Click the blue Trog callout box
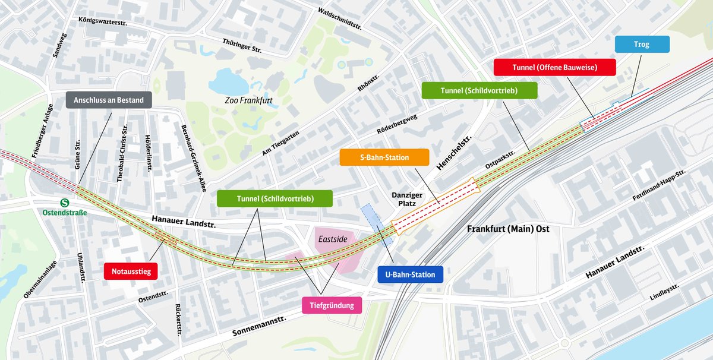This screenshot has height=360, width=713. tap(641, 45)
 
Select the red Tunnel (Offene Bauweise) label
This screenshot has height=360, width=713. tap(554, 68)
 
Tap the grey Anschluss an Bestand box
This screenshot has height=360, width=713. tap(109, 100)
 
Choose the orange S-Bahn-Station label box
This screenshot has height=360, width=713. tap(384, 157)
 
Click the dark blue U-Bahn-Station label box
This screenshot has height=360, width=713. tap(410, 274)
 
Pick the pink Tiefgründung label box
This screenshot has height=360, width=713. tap(332, 305)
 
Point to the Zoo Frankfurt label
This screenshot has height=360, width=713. tap(248, 100)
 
